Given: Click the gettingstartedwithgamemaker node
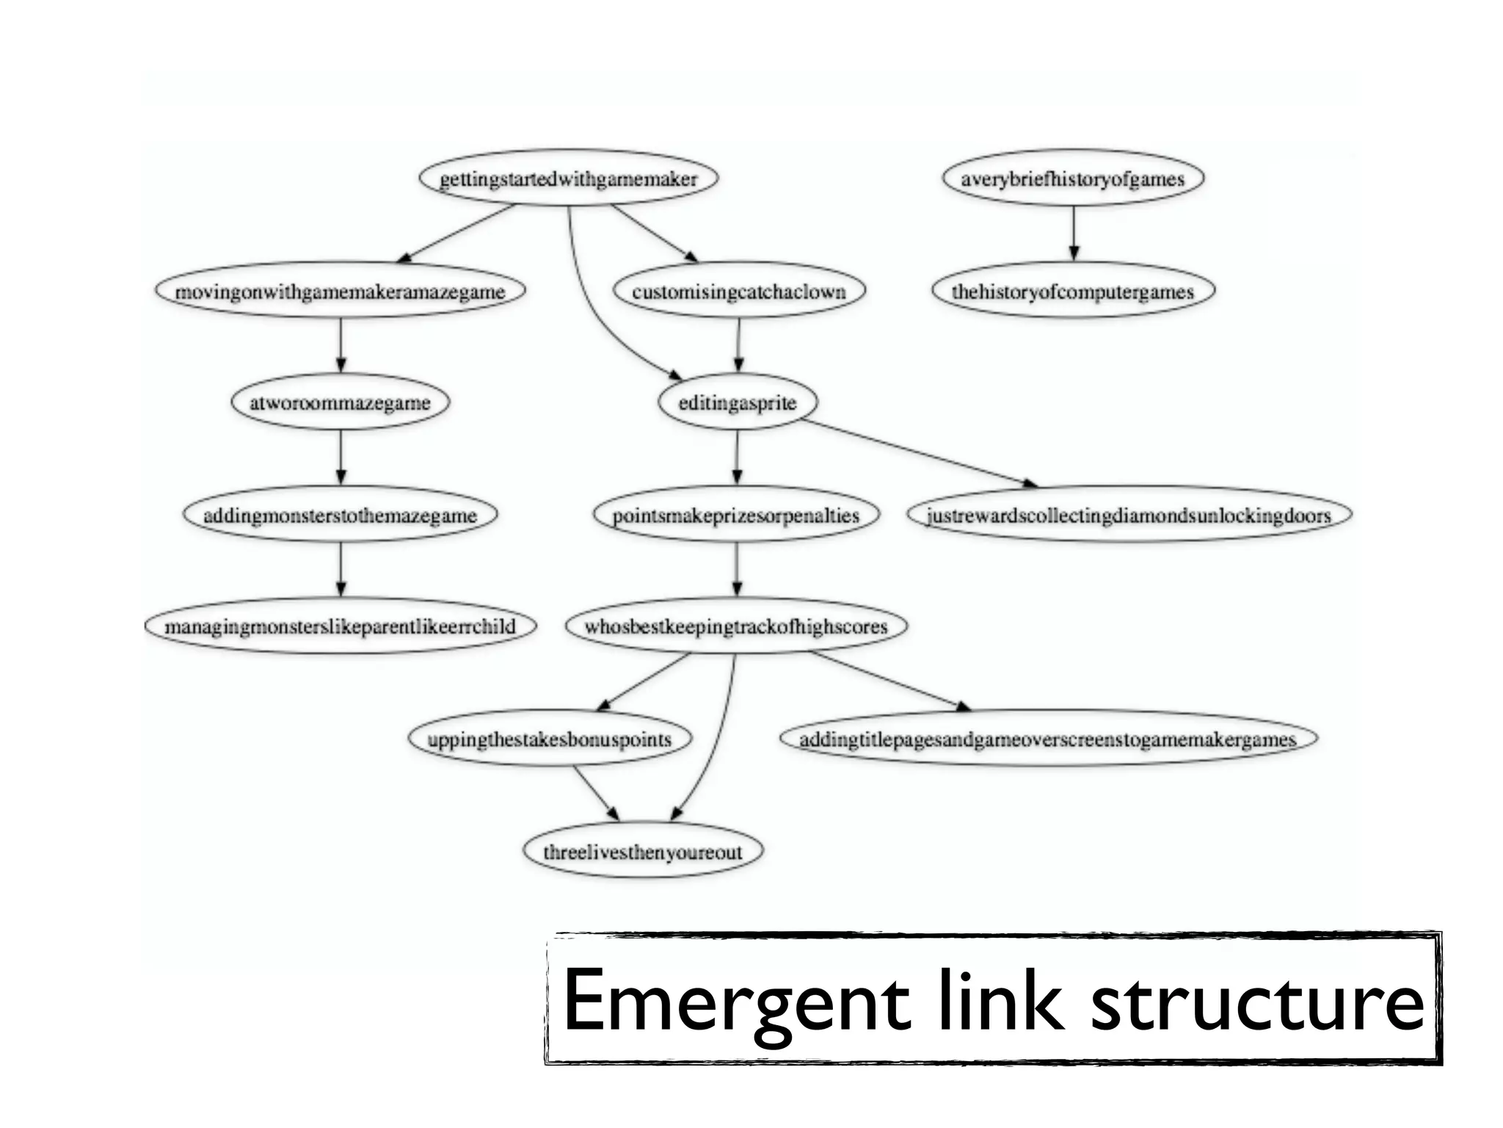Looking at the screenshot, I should (x=568, y=178).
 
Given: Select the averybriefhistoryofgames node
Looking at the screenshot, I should (x=1072, y=178).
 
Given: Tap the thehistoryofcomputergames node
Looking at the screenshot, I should (x=1072, y=291).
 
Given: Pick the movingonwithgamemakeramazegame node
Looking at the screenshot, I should (x=340, y=291).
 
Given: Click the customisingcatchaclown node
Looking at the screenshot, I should (x=738, y=291).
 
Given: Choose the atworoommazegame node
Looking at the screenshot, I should (x=340, y=402).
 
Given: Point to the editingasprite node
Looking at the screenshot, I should (x=737, y=402).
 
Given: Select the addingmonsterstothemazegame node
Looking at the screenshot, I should (x=340, y=515).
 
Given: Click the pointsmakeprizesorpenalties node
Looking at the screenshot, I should (x=735, y=515).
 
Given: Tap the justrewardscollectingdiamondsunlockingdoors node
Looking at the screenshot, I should (x=1128, y=515).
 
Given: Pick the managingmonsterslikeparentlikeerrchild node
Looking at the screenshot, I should (x=340, y=626).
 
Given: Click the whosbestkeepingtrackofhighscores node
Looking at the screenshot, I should (x=735, y=626).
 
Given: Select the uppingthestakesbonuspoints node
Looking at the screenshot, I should (x=549, y=739).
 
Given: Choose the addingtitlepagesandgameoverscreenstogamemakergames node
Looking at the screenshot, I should (x=1047, y=739).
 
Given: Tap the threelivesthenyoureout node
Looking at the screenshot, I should (x=642, y=852).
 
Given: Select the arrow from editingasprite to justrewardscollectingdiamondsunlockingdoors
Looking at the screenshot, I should (x=917, y=452).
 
